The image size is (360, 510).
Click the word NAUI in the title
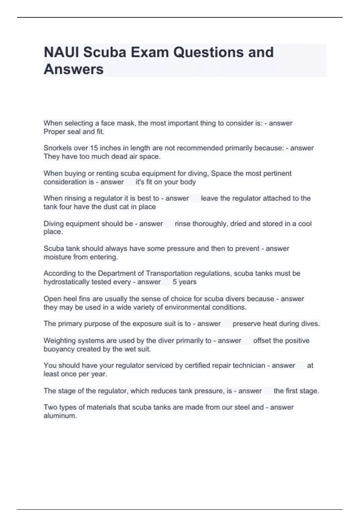pyautogui.click(x=61, y=52)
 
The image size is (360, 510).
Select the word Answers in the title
pyautogui.click(x=73, y=69)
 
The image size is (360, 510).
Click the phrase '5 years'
pyautogui.click(x=184, y=282)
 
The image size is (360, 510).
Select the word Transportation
pyautogui.click(x=169, y=273)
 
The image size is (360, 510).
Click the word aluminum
pyautogui.click(x=60, y=416)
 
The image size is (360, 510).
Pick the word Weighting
pyautogui.click(x=58, y=340)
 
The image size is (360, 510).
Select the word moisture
pyautogui.click(x=57, y=257)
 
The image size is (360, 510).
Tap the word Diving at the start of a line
pyautogui.click(x=53, y=223)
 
